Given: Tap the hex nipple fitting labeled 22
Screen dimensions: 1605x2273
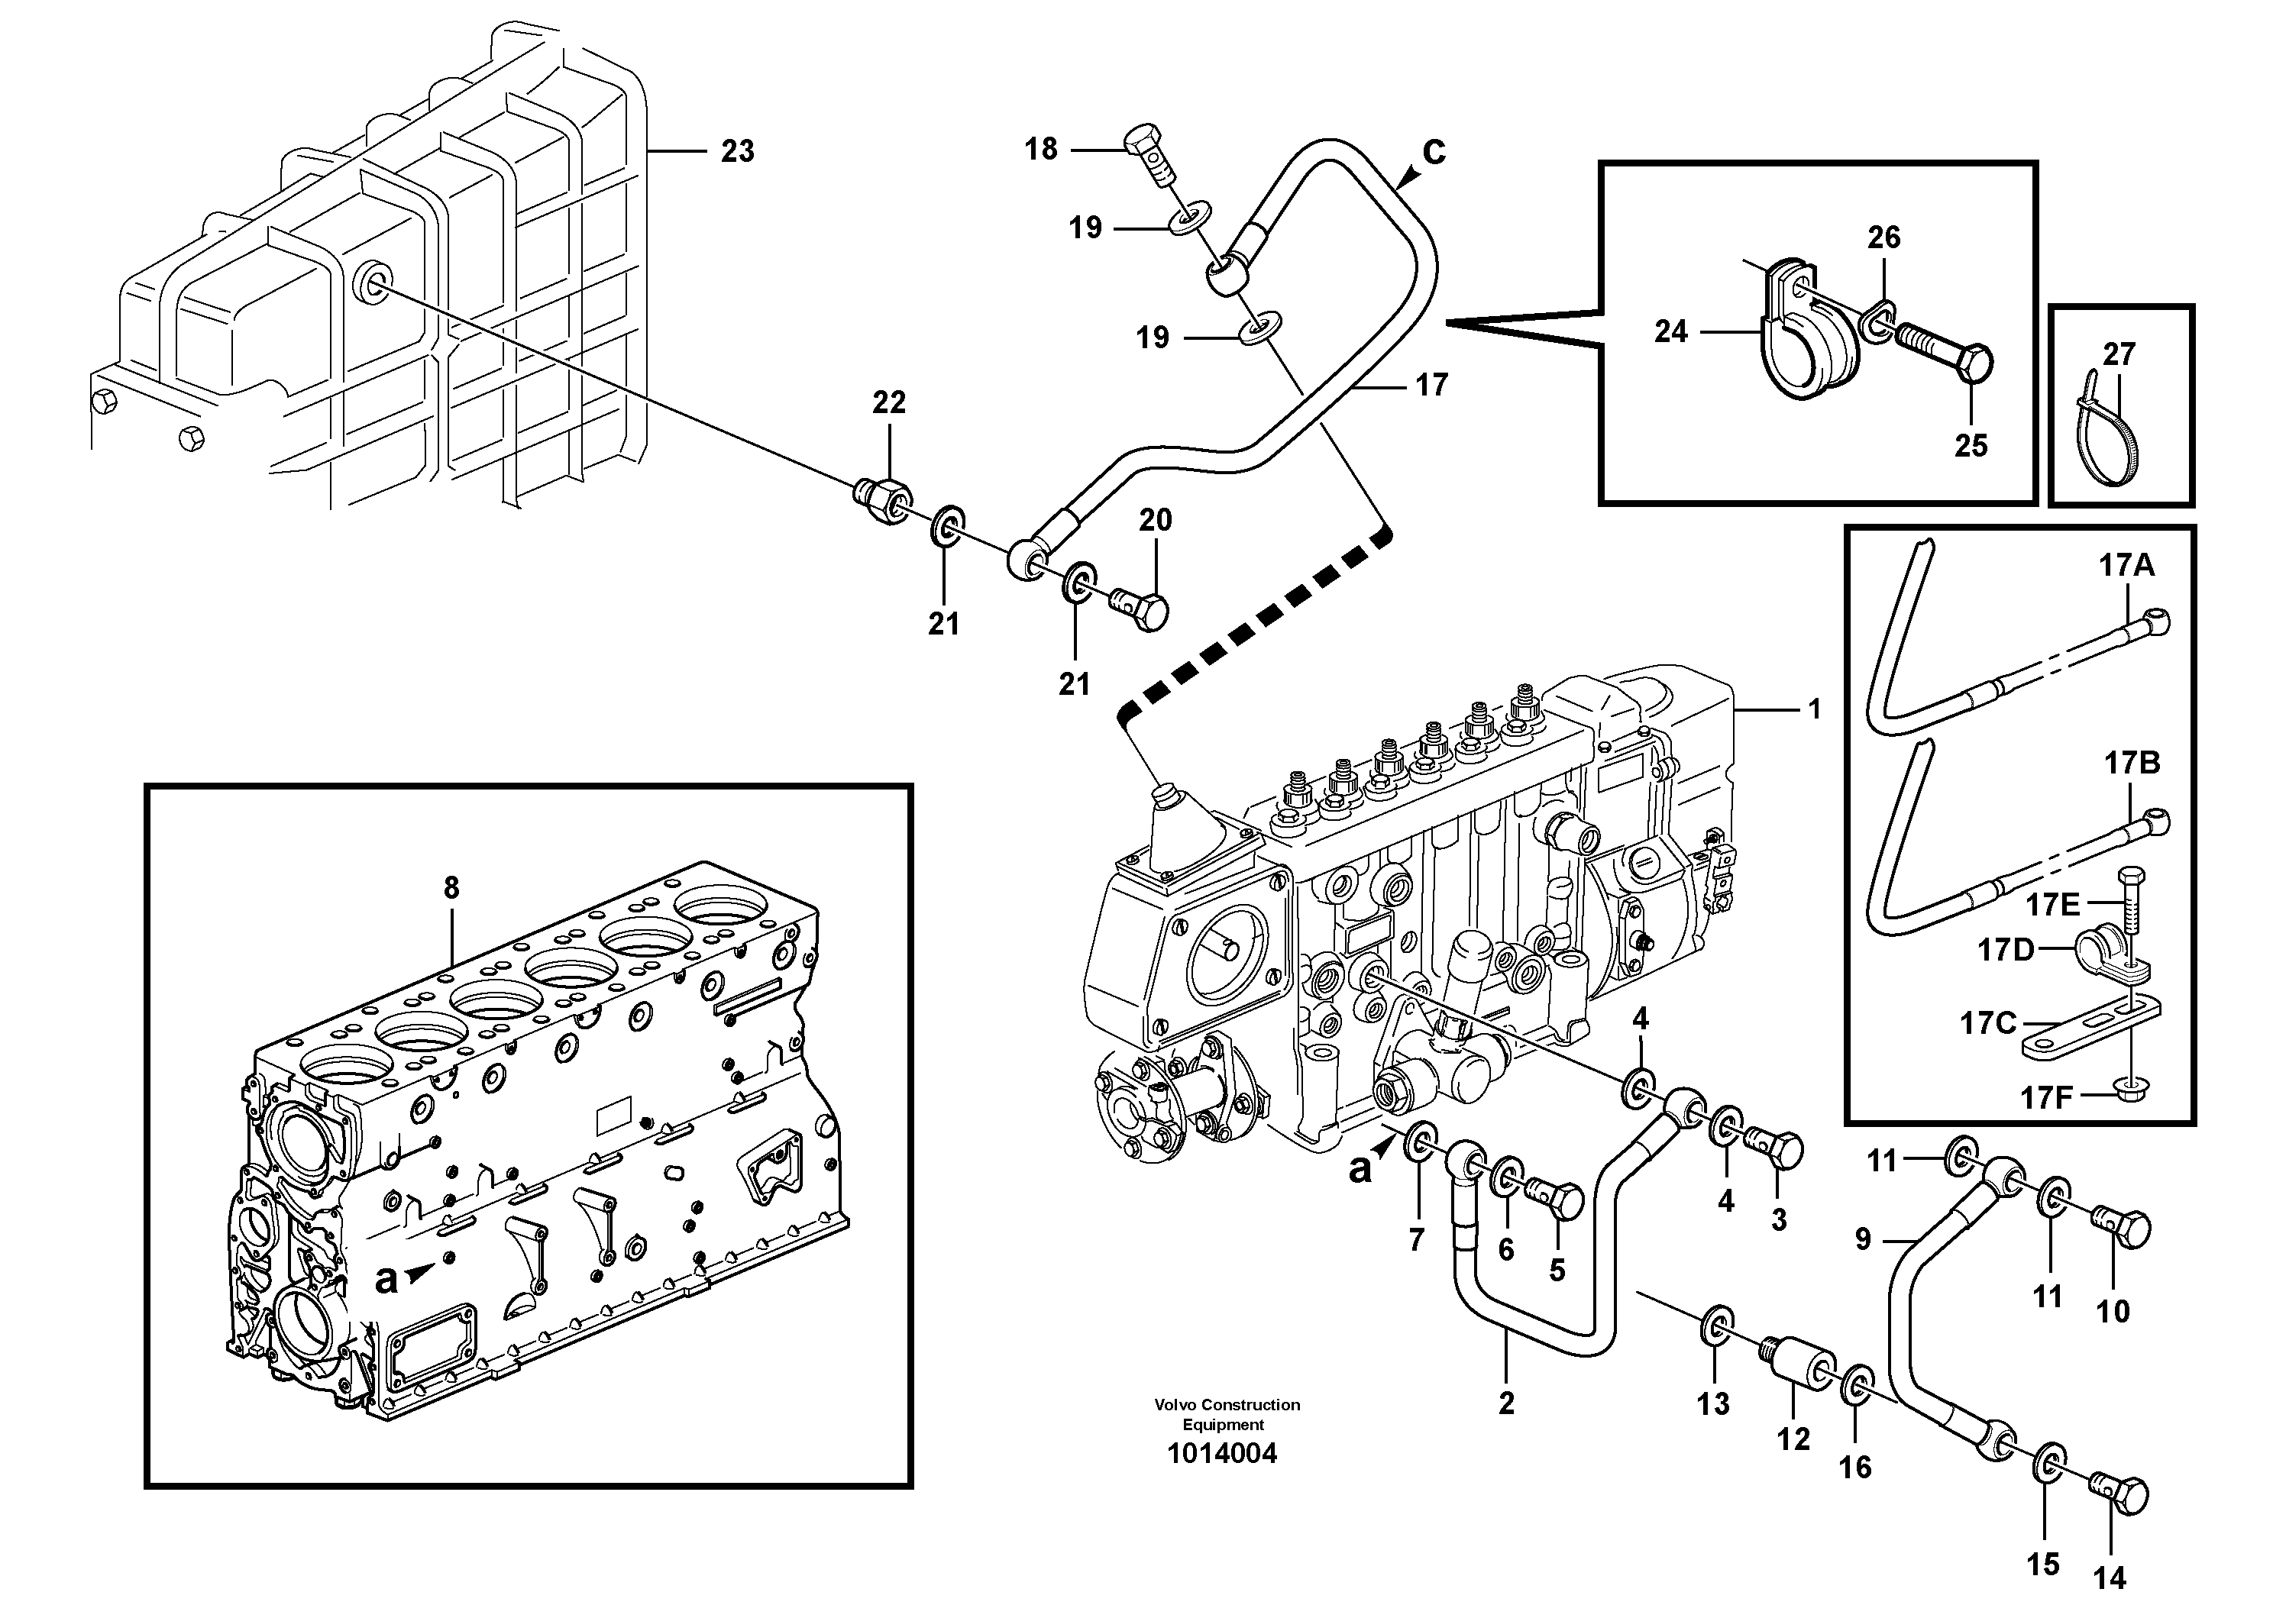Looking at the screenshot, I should click(x=882, y=497).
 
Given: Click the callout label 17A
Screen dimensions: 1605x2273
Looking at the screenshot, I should click(x=2126, y=566).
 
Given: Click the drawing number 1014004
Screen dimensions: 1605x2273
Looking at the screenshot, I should click(x=1221, y=1454).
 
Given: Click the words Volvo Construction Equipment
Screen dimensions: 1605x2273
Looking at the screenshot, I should click(x=1226, y=1414).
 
